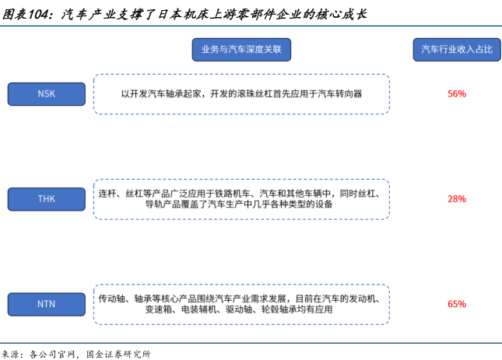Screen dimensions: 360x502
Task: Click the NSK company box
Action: click(x=46, y=94)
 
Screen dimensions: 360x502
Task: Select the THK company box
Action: click(x=46, y=199)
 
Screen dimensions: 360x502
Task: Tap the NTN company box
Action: click(x=46, y=303)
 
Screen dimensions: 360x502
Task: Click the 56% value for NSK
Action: click(x=457, y=94)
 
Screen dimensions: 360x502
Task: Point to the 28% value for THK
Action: click(x=457, y=199)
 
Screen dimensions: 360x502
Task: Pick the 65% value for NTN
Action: click(x=457, y=304)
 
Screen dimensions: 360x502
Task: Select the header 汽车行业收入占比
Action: click(x=457, y=50)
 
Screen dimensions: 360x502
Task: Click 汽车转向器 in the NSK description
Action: click(x=339, y=94)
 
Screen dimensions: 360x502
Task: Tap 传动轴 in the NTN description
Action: click(x=112, y=298)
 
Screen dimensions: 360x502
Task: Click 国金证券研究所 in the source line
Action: click(x=118, y=354)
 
